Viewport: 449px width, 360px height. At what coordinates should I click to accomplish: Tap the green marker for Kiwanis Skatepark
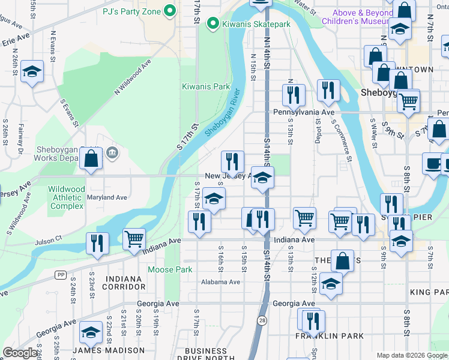(x=211, y=24)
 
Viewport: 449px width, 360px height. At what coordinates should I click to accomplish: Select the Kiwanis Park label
(x=206, y=86)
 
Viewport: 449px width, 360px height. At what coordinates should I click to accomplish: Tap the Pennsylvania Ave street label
(x=303, y=112)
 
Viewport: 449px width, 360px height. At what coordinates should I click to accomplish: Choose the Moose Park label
(x=170, y=269)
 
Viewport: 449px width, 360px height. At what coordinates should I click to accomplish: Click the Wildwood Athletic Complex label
(x=66, y=197)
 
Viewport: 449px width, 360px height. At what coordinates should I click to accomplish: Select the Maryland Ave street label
(x=107, y=197)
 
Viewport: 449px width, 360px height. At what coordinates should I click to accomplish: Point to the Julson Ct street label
(x=48, y=238)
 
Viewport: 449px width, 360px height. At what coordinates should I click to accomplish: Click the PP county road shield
(x=60, y=275)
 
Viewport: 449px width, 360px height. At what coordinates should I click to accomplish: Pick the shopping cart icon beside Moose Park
(x=134, y=239)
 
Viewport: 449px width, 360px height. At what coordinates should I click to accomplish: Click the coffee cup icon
(x=433, y=163)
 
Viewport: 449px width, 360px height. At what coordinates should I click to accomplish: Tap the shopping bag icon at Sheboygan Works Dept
(x=91, y=160)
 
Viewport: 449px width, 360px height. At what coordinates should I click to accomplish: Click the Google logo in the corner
(x=20, y=353)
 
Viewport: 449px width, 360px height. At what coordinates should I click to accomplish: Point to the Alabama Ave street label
(x=221, y=282)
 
